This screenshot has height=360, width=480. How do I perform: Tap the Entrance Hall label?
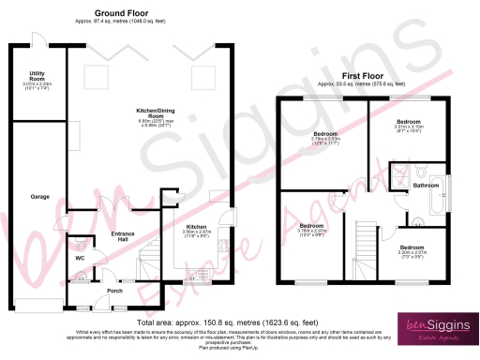[125, 237]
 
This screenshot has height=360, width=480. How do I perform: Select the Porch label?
[114, 291]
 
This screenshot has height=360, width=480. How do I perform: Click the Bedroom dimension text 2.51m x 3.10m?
[410, 128]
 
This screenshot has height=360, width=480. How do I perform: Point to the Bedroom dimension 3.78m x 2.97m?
[312, 234]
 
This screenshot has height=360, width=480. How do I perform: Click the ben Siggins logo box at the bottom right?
[441, 330]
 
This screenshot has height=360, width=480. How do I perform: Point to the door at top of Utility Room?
[38, 40]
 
